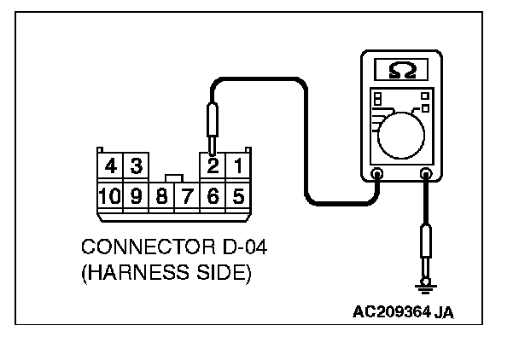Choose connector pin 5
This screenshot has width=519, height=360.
coord(239,196)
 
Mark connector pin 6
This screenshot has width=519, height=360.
coord(214,196)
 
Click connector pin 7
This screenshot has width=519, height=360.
coord(188,196)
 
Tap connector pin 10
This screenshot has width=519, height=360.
coord(109,196)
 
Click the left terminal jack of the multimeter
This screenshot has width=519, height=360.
coord(378,176)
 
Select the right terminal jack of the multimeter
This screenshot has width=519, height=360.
coord(425,176)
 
